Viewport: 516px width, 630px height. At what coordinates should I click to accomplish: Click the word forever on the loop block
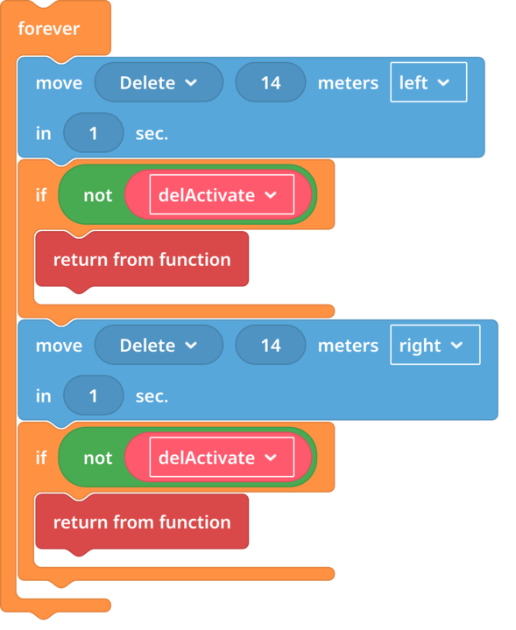coord(49,29)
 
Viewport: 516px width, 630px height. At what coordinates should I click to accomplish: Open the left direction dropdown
coord(428,82)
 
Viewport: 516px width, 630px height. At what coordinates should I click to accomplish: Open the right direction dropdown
coord(435,345)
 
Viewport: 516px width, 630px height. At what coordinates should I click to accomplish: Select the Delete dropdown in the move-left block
coord(159,82)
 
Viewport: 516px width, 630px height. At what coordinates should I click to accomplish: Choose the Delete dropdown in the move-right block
coord(159,345)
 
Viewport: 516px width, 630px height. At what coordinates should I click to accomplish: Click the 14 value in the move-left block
coord(271,82)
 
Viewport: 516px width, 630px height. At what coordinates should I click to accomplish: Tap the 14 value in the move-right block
coord(271,345)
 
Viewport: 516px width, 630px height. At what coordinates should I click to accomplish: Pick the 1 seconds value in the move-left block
coord(94,133)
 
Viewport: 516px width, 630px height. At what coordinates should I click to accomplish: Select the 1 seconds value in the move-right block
coord(94,395)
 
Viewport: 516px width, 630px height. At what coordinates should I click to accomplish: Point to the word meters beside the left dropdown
coord(348,83)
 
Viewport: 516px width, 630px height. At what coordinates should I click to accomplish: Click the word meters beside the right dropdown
coord(348,346)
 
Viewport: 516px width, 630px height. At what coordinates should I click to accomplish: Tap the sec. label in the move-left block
coord(152,134)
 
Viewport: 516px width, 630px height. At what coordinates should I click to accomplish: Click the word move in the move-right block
coord(59,346)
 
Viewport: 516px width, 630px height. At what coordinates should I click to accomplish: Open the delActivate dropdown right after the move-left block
coord(222,195)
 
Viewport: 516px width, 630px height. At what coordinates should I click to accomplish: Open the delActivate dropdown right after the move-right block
coord(222,458)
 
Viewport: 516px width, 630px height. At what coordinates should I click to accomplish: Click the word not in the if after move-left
coord(98,196)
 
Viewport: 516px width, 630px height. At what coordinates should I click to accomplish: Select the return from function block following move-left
coord(142,260)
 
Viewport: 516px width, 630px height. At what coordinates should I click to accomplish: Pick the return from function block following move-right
coord(142,521)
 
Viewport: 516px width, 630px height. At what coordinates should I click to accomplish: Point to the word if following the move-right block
coord(41,458)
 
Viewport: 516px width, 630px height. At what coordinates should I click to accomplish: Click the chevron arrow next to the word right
coord(456,345)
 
